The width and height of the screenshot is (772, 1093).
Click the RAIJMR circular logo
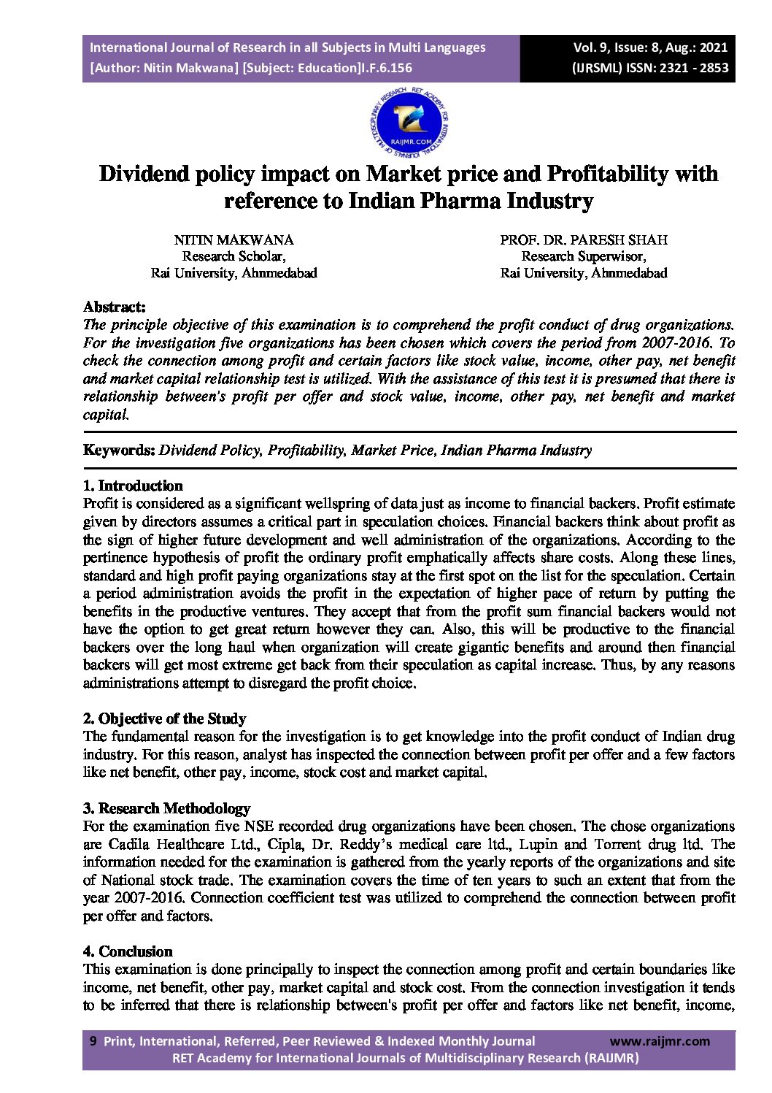point(409,123)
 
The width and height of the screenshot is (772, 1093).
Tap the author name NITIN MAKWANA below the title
point(233,240)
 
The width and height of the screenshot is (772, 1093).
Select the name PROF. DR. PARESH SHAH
point(583,240)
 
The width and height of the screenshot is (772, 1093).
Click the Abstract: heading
point(115,306)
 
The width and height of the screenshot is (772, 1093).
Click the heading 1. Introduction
point(133,486)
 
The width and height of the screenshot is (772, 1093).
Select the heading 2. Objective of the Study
point(164,718)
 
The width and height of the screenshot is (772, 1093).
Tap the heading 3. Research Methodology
point(166,808)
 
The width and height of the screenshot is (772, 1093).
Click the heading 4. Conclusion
point(128,951)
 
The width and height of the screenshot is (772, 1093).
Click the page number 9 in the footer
point(93,1042)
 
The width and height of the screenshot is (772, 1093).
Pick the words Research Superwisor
point(583,256)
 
